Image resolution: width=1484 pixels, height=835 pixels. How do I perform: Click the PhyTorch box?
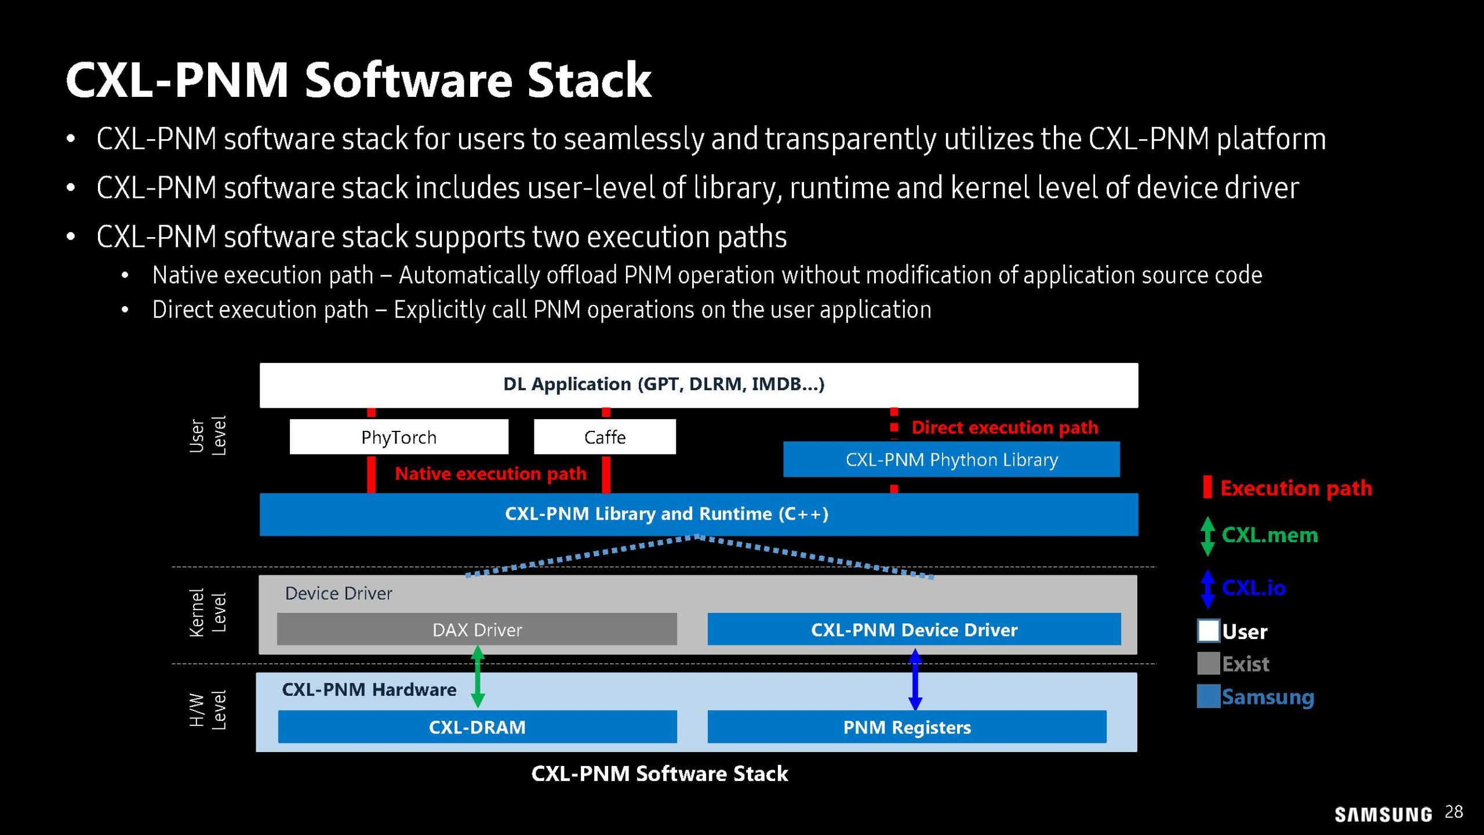[399, 437]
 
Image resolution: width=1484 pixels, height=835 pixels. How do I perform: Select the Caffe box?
[605, 437]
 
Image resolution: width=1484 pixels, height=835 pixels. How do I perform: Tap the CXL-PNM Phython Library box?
[951, 459]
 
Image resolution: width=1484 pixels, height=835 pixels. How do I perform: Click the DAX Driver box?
[477, 629]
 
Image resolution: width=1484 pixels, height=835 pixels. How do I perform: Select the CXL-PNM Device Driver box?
[914, 629]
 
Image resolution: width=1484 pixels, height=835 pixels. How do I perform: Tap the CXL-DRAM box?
[477, 727]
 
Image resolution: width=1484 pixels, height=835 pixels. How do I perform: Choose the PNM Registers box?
[907, 727]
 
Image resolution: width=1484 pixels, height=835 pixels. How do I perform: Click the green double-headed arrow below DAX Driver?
[478, 676]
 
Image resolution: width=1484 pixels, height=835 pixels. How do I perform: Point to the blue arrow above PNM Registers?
[915, 679]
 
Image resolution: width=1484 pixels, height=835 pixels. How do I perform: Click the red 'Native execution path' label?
[490, 474]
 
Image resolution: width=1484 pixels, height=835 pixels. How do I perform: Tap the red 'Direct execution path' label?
[1005, 427]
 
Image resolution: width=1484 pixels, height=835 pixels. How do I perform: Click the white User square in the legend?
[1208, 631]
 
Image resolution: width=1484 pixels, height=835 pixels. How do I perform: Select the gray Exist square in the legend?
[1208, 663]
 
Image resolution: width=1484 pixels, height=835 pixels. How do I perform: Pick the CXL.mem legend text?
[1270, 535]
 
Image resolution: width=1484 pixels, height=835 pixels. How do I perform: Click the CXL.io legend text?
[1253, 588]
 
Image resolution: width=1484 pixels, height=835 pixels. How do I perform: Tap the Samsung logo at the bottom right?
[1383, 815]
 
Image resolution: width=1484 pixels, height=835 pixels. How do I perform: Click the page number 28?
[1454, 812]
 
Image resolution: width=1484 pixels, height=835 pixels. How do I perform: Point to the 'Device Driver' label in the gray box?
[339, 593]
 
